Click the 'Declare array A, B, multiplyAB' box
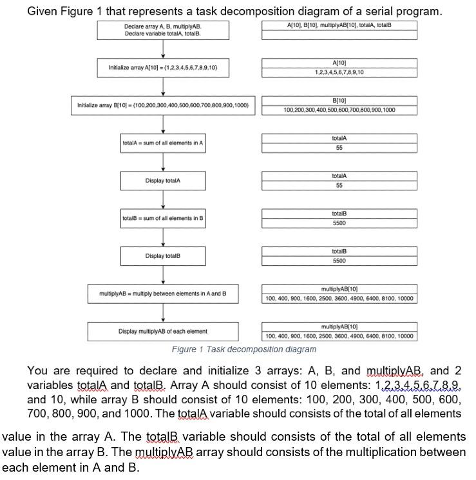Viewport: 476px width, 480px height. tap(163, 30)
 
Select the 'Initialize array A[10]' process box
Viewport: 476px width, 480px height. tap(163, 67)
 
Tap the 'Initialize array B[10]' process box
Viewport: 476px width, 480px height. tap(163, 105)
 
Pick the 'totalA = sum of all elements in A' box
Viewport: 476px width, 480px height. tap(163, 143)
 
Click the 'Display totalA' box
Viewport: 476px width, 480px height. tap(163, 181)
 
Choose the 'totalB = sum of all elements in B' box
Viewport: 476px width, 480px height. tap(163, 218)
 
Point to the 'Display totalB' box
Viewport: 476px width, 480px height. tap(163, 256)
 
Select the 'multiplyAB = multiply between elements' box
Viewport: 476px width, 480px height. tap(163, 294)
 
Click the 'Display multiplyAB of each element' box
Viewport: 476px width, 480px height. tap(163, 332)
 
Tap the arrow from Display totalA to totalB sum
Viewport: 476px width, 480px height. tap(164, 199)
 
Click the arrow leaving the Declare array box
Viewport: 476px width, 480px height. tap(164, 48)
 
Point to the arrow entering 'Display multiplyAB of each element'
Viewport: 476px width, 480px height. tap(164, 314)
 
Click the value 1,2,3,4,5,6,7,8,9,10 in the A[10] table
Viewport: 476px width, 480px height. tap(339, 72)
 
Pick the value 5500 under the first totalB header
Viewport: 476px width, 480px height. tap(339, 223)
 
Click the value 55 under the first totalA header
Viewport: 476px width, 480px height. tap(339, 148)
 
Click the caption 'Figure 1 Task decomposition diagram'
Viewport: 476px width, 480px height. tap(244, 349)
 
